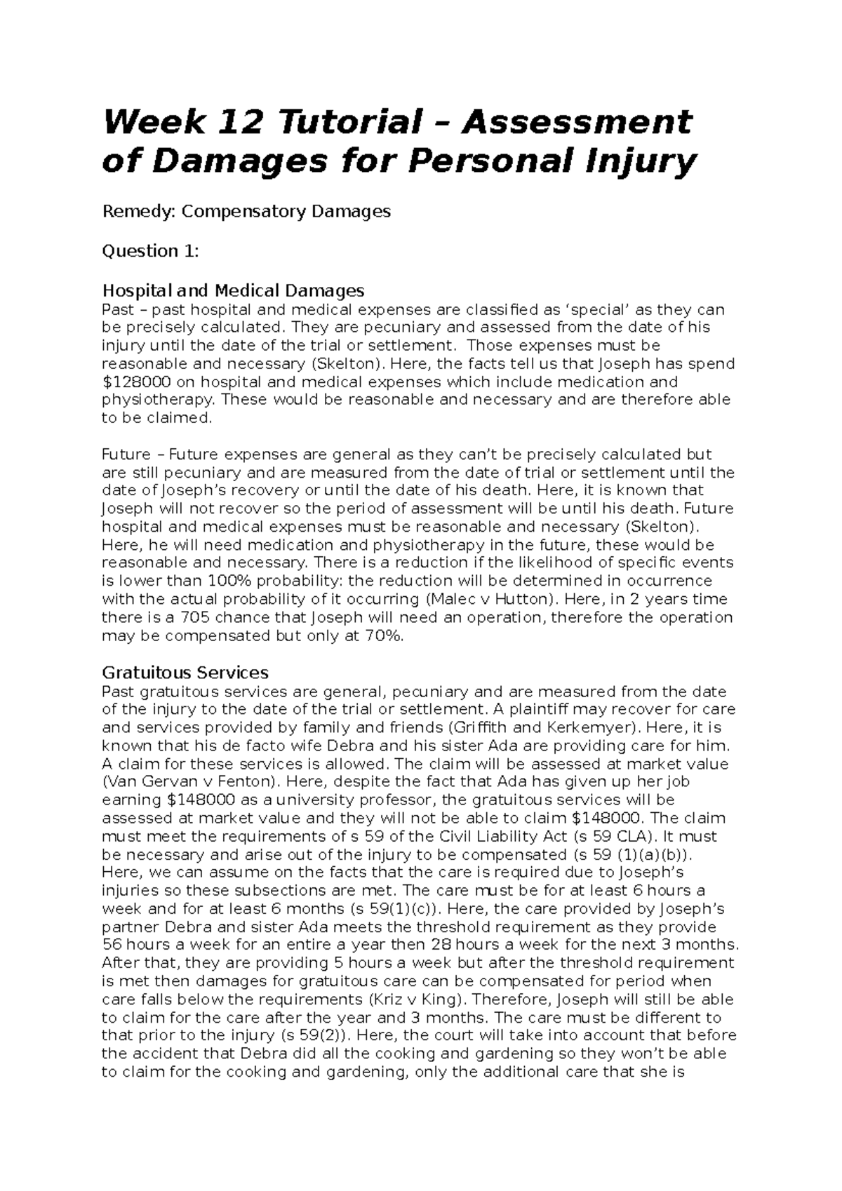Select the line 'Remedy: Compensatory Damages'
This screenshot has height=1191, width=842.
point(246,212)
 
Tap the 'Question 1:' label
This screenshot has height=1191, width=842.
point(150,251)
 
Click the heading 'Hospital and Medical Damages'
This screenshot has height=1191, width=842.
point(233,290)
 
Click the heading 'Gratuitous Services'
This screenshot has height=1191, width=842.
point(185,673)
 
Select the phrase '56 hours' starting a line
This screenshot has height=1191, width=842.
point(131,945)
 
